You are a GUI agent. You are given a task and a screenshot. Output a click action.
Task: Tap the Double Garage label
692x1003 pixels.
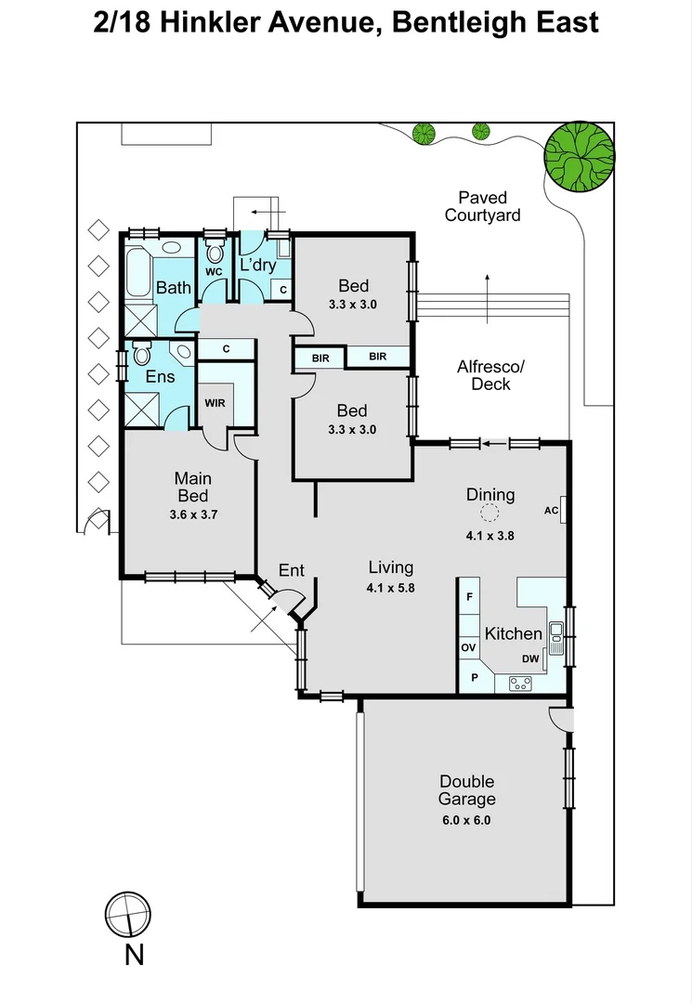pos(466,790)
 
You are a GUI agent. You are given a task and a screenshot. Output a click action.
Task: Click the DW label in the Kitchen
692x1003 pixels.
pos(529,658)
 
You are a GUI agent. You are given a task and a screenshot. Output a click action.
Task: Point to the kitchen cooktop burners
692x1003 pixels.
pos(520,684)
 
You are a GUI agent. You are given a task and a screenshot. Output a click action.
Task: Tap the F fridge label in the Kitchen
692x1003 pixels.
pos(470,597)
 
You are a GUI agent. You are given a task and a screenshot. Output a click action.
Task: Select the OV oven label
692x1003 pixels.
pos(469,646)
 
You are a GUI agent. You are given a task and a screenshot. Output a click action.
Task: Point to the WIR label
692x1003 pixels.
pos(215,403)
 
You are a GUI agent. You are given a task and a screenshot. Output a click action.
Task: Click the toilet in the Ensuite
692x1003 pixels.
pos(141,353)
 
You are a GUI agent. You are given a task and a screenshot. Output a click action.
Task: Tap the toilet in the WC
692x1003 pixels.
pos(215,252)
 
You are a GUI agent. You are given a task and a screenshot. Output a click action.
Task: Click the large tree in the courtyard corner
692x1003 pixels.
pos(579,155)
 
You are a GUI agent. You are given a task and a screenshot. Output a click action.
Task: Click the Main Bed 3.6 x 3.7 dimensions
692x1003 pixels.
pos(194,514)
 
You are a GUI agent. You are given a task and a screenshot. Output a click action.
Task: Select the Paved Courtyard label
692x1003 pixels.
pos(482,206)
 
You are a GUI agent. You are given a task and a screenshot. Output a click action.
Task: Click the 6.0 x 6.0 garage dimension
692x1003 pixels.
pos(466,820)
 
